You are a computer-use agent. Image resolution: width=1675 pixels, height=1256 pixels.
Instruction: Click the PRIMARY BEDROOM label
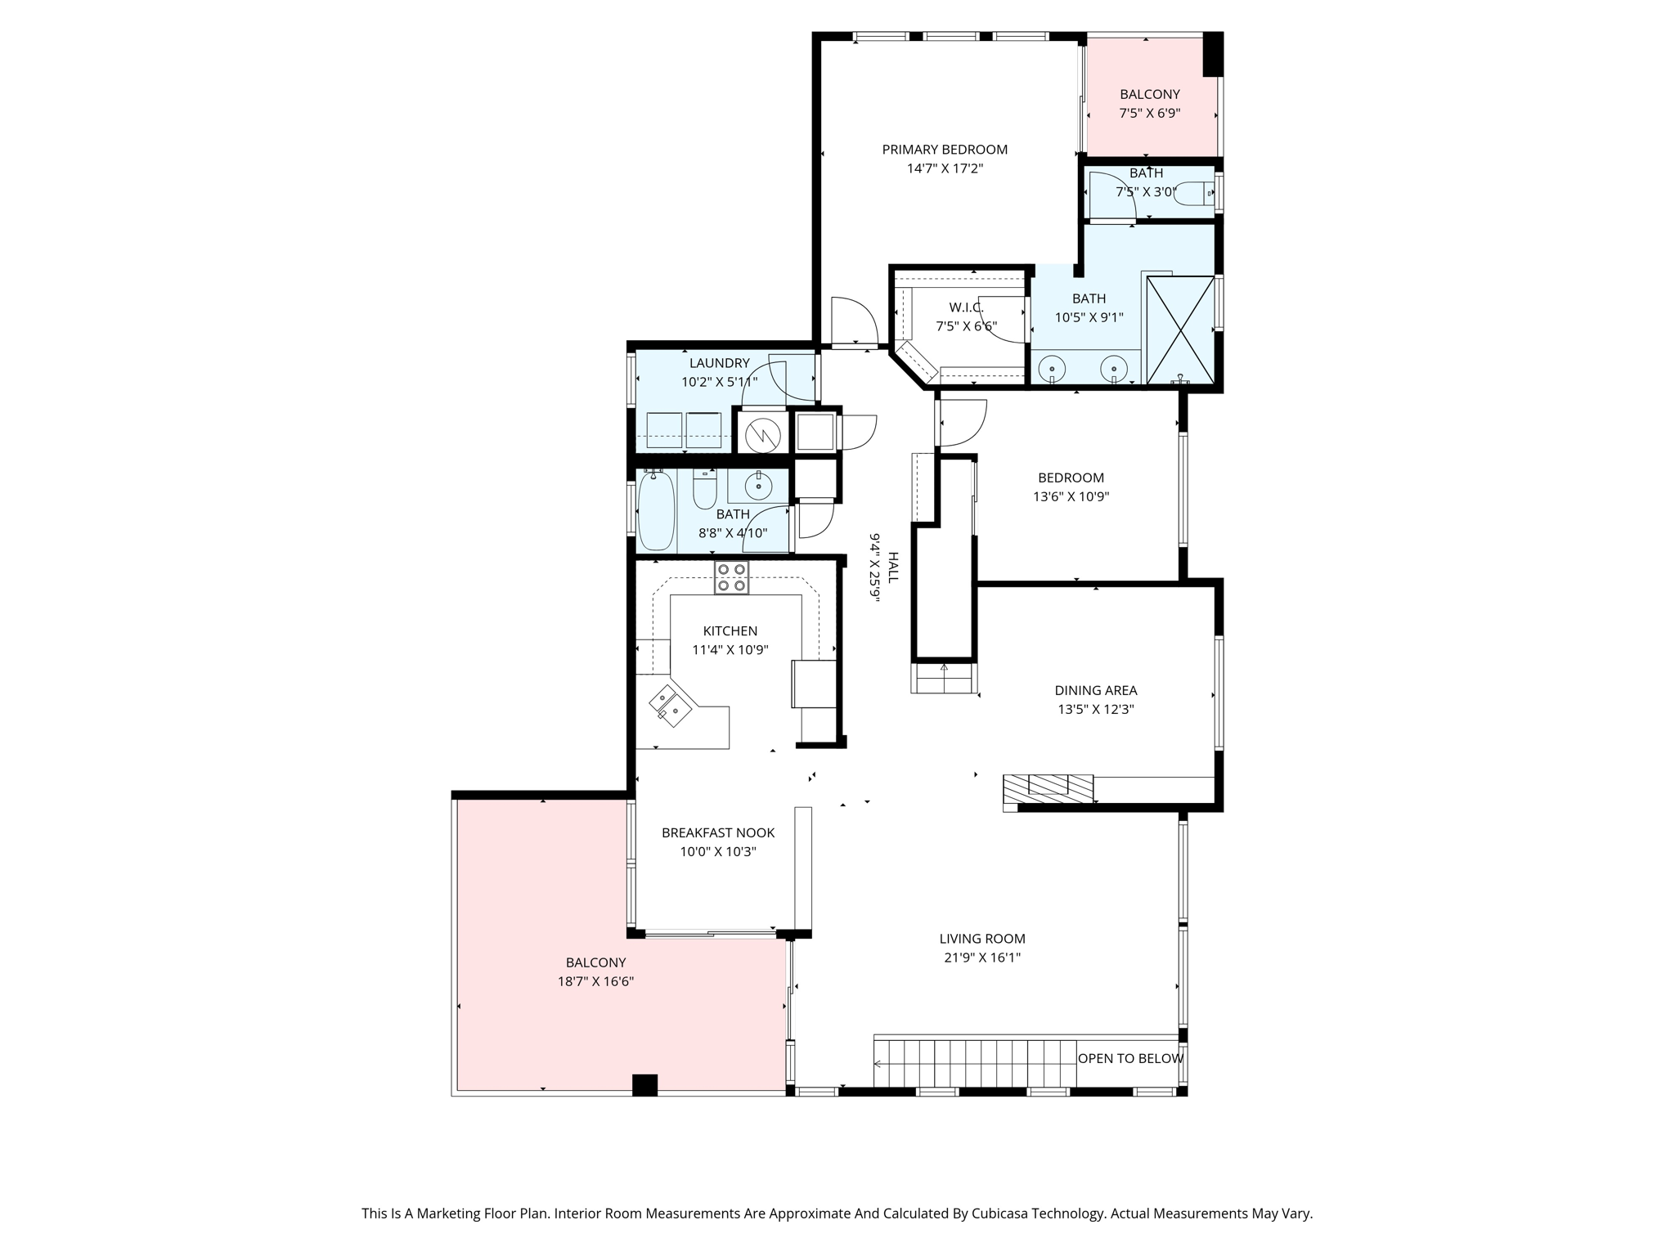click(x=944, y=150)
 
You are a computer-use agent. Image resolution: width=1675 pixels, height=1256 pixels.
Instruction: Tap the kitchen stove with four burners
click(x=731, y=577)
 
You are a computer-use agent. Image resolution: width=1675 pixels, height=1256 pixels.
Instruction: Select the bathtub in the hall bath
click(x=655, y=511)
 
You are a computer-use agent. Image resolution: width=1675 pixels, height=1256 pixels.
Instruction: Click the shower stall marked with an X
click(x=1180, y=330)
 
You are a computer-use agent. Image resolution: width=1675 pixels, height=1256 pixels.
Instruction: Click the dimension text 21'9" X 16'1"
click(x=981, y=958)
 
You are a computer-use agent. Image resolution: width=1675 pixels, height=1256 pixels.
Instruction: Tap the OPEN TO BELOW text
click(x=1129, y=1058)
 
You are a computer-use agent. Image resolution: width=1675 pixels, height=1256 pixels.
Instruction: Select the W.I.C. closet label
click(x=966, y=307)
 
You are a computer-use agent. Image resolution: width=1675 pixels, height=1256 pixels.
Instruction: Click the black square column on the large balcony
click(x=644, y=1084)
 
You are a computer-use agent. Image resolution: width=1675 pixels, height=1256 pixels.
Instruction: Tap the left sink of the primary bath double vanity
click(x=1052, y=369)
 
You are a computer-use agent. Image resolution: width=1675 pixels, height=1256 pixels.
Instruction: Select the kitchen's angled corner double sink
click(x=670, y=706)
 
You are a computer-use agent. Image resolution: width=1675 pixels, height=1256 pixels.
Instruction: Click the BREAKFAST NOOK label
click(x=717, y=832)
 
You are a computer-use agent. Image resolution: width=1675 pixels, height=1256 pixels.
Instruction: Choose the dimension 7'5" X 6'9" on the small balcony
click(x=1149, y=114)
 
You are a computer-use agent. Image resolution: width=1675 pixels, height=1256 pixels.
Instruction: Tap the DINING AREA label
click(x=1095, y=690)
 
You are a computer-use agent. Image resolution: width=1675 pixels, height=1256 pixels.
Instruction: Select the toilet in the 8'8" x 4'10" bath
click(x=704, y=490)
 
